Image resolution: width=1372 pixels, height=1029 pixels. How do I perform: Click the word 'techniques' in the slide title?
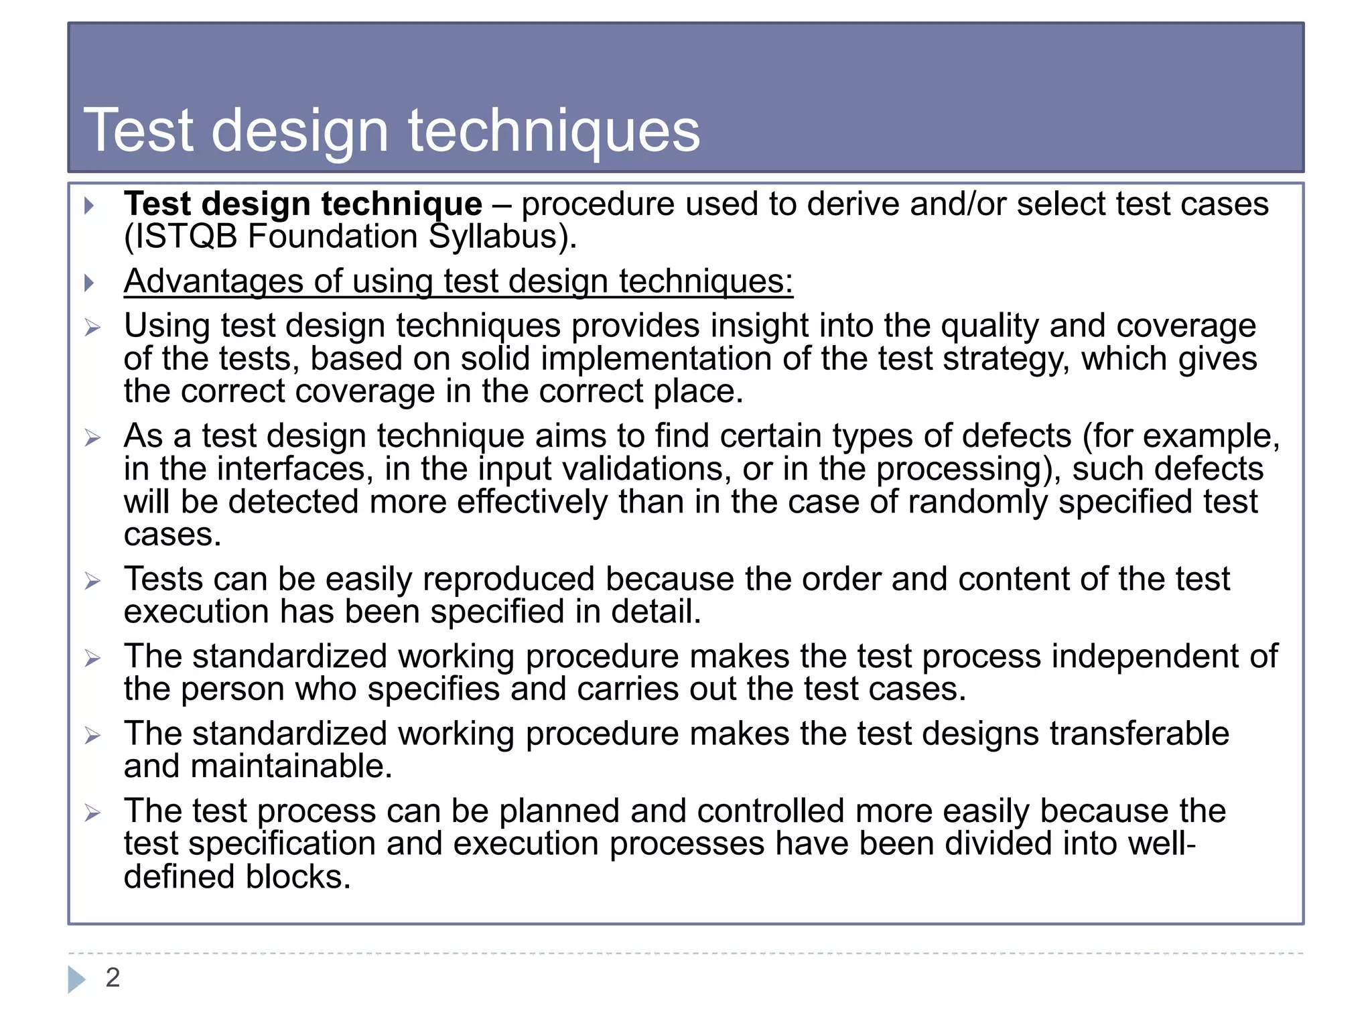pyautogui.click(x=554, y=131)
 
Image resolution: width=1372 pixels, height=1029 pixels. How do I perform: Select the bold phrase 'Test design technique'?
pyautogui.click(x=303, y=204)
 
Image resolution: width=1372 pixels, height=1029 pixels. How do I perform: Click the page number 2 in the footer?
pyautogui.click(x=113, y=977)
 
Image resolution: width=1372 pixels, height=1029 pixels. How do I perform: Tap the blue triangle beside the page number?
pyautogui.click(x=76, y=979)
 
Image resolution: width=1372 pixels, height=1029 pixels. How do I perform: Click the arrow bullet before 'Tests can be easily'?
pyautogui.click(x=92, y=581)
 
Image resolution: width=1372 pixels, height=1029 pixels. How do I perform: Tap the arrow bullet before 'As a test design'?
pyautogui.click(x=92, y=438)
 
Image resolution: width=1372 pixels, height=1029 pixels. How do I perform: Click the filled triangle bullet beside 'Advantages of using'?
pyautogui.click(x=89, y=283)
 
